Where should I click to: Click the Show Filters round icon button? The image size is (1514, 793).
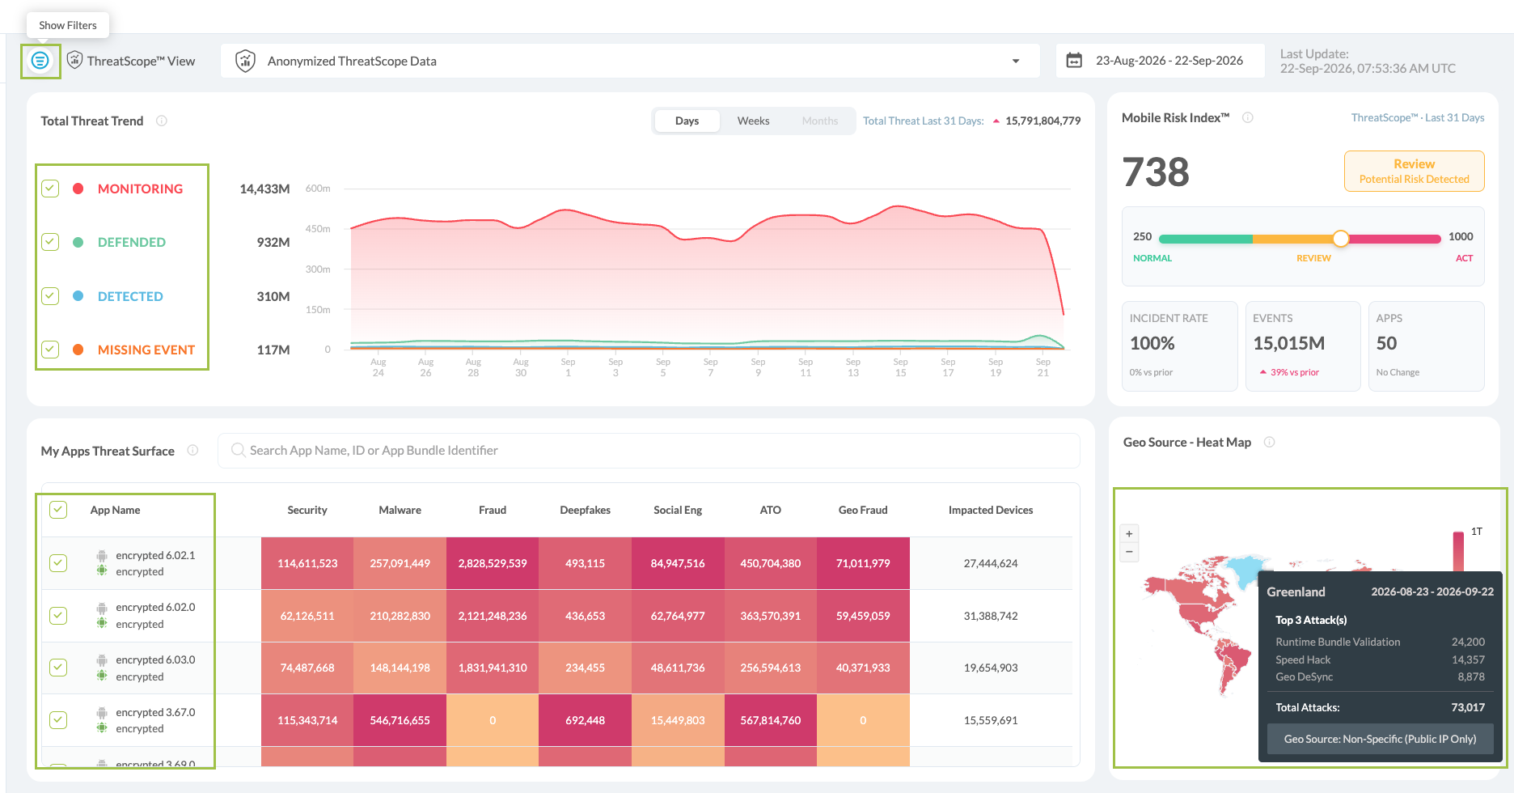(40, 61)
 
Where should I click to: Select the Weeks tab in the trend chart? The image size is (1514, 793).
(753, 121)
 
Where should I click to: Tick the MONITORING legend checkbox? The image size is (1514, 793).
(50, 189)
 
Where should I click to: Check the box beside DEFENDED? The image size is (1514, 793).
(50, 242)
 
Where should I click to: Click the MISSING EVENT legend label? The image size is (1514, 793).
(146, 350)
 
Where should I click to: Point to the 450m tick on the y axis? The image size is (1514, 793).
(318, 229)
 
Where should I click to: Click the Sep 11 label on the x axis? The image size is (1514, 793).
(806, 367)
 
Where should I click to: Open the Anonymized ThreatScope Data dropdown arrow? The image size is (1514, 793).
(1016, 61)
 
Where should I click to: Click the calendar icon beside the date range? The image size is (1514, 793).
(1074, 61)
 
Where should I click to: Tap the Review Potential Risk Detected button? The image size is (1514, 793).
(1414, 171)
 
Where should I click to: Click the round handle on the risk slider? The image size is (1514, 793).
(1341, 239)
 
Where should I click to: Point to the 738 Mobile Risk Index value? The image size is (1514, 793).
(1156, 172)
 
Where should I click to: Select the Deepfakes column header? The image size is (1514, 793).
(585, 510)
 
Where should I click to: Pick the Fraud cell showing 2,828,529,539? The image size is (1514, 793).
(493, 563)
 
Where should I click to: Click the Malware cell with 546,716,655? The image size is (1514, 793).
(400, 720)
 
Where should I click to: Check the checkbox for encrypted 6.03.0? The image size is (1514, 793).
(58, 668)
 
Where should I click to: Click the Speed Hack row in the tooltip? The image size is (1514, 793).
(1380, 659)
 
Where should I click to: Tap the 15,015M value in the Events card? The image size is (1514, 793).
(1288, 343)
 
